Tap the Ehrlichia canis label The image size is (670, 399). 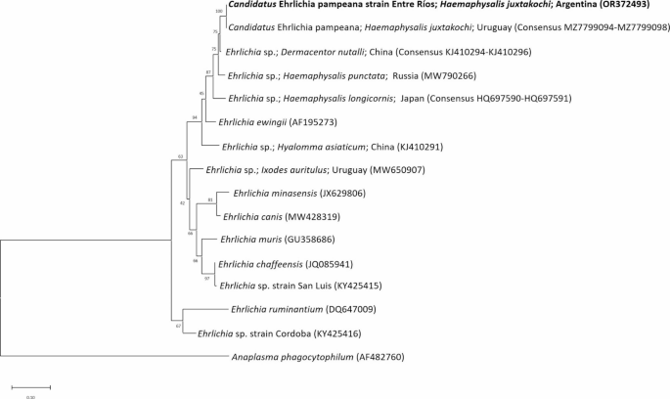pos(253,216)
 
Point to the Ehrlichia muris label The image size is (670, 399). pos(254,240)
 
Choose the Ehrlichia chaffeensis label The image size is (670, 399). pos(260,263)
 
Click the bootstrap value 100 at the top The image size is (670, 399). pos(219,11)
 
